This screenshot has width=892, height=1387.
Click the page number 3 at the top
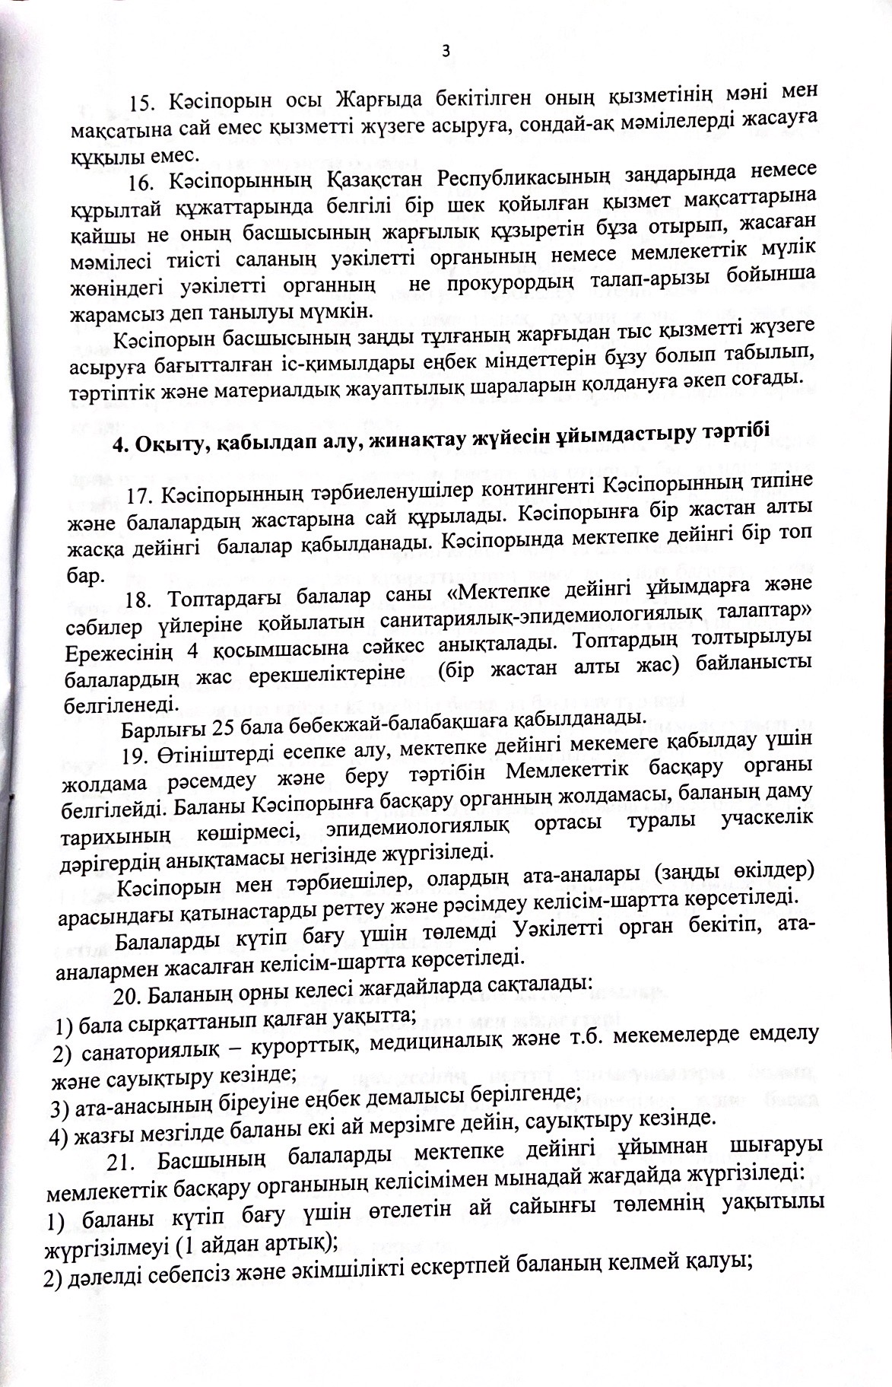446,51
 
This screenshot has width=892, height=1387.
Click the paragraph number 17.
139,497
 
